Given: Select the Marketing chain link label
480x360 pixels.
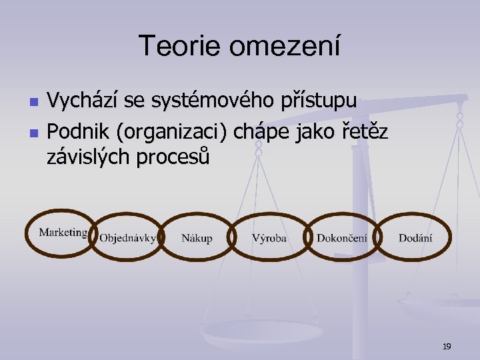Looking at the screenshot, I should tap(63, 232).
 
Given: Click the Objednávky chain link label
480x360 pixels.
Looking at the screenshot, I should tap(127, 238).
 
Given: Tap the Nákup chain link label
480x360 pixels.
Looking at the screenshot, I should tap(197, 238).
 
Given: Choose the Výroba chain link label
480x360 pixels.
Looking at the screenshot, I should tap(269, 238).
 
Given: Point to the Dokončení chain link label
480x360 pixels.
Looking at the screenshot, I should tap(341, 238).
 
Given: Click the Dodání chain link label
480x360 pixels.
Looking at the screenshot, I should tap(415, 238).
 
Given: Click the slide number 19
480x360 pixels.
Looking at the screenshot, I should tap(447, 346).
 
